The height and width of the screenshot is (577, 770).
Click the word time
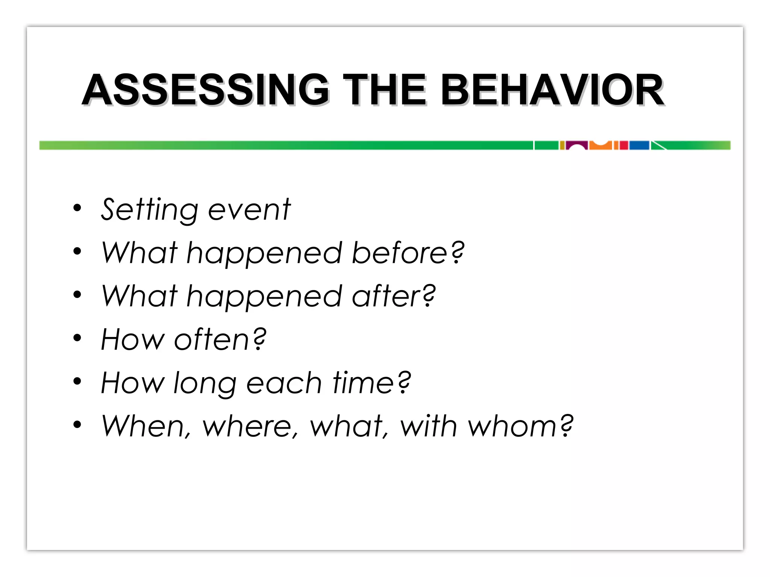[363, 382]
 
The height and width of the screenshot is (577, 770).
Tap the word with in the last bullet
[429, 426]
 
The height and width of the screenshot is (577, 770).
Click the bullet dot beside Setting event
[77, 208]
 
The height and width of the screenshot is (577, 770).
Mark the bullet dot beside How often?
[77, 338]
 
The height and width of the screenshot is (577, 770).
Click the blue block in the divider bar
[639, 145]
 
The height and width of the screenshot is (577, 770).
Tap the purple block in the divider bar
[577, 144]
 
